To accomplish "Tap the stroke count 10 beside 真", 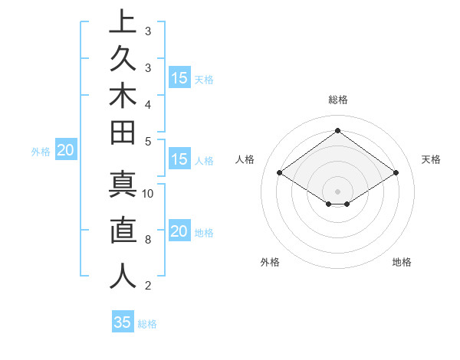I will click(x=149, y=193).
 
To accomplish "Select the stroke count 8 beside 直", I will click(x=148, y=240).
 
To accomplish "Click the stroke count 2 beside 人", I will click(x=148, y=286).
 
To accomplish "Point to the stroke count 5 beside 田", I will click(x=148, y=141).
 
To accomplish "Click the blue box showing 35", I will click(x=123, y=322).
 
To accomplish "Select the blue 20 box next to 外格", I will click(x=65, y=151).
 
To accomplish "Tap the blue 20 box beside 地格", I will click(x=179, y=231).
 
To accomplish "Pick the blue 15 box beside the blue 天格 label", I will click(x=179, y=78).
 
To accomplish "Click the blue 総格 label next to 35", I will click(x=147, y=324).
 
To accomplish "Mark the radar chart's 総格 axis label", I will click(x=337, y=100).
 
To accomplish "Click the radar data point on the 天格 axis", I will click(x=396, y=173).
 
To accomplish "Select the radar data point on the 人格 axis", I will click(x=280, y=173).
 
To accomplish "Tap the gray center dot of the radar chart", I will click(x=337, y=191).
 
